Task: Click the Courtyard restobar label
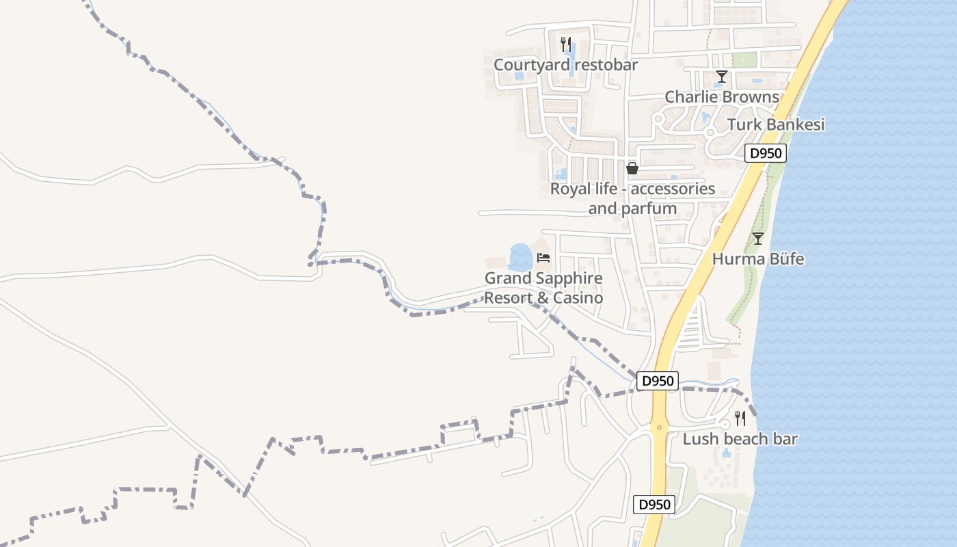[x=565, y=65]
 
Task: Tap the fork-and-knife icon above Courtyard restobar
[x=565, y=44]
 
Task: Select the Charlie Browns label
[x=722, y=97]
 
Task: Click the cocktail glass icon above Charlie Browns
[x=721, y=76]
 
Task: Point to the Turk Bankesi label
[x=776, y=124]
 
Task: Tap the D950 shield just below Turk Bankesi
[x=766, y=153]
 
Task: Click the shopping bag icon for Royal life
[x=632, y=168]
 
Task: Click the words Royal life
[x=582, y=189]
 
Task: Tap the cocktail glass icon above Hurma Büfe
[x=757, y=239]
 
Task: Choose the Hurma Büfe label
[x=758, y=259]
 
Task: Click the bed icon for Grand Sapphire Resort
[x=543, y=258]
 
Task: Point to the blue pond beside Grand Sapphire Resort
[x=520, y=258]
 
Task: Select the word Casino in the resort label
[x=579, y=298]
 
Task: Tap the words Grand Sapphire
[x=543, y=278]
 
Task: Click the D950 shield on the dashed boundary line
[x=657, y=381]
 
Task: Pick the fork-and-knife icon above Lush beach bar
[x=740, y=418]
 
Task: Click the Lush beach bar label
[x=740, y=439]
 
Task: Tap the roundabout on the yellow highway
[x=659, y=429]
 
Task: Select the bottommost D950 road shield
[x=654, y=505]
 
